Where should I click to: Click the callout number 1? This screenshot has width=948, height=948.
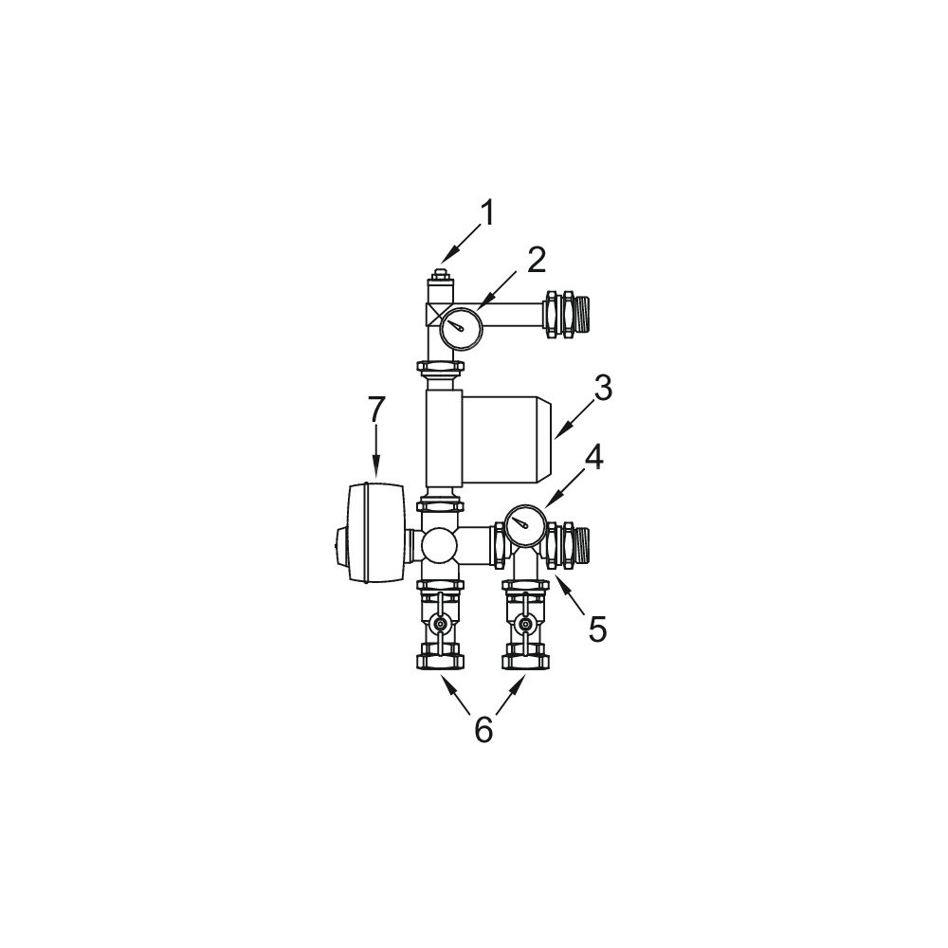(x=487, y=213)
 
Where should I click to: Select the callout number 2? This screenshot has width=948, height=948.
(x=536, y=260)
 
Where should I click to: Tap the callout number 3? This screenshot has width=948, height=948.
(x=602, y=389)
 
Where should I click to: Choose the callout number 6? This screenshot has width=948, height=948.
(x=483, y=730)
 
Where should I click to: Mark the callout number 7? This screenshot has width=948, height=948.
(x=376, y=410)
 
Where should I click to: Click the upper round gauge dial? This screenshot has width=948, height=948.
(x=460, y=328)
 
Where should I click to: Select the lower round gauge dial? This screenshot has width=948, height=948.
(x=525, y=525)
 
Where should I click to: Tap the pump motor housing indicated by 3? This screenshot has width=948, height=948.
(x=506, y=435)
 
